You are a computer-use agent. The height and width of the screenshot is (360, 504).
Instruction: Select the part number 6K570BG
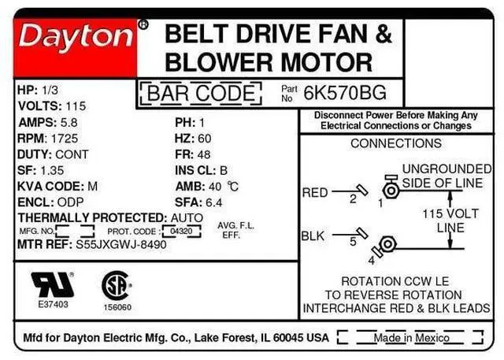pos(355,93)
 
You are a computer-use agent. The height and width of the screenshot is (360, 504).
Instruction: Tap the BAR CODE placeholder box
pos(201,95)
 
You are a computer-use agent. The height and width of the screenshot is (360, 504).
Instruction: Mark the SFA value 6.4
pos(214,202)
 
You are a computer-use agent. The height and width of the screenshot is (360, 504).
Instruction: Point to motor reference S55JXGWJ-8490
pos(122,246)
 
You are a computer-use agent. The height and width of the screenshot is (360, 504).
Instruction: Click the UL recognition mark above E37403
pos(53,284)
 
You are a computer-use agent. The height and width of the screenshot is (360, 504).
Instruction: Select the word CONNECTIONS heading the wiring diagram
pos(395,143)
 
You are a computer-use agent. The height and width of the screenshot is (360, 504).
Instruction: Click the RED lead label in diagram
pos(315,192)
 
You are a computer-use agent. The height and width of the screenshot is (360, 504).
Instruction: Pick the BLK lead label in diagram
pos(313,236)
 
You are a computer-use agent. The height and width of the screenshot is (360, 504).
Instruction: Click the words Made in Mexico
pos(403,338)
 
